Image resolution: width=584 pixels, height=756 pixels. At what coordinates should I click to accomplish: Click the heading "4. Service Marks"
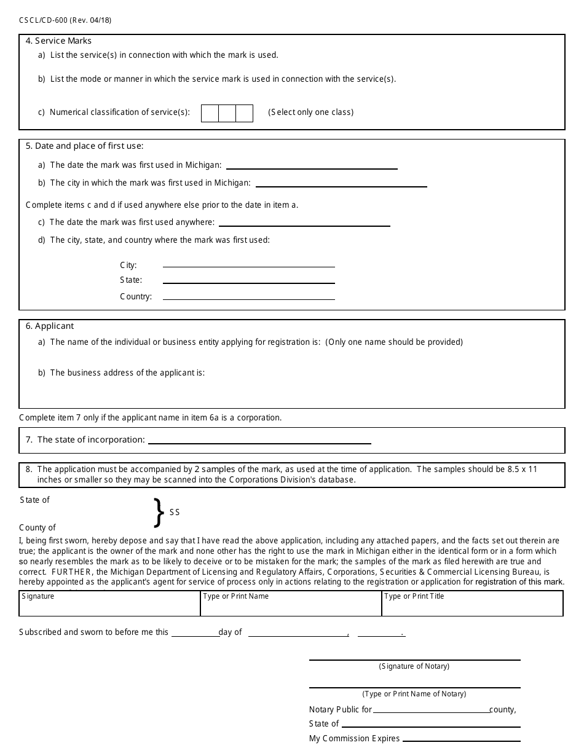pyautogui.click(x=58, y=41)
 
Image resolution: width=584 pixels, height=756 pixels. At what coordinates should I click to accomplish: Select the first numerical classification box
pyautogui.click(x=210, y=113)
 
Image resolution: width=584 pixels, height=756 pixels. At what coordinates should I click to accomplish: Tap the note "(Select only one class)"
pyautogui.click(x=310, y=112)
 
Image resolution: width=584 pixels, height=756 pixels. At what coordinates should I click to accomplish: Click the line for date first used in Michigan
pyautogui.click(x=312, y=165)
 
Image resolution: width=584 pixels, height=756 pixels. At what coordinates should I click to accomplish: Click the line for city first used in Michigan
pyautogui.click(x=341, y=183)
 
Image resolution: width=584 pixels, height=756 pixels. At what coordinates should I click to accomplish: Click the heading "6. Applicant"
pyautogui.click(x=50, y=326)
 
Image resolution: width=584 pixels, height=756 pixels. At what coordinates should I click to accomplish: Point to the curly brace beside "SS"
pyautogui.click(x=159, y=513)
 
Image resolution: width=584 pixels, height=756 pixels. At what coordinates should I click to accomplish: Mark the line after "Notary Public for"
pyautogui.click(x=430, y=710)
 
